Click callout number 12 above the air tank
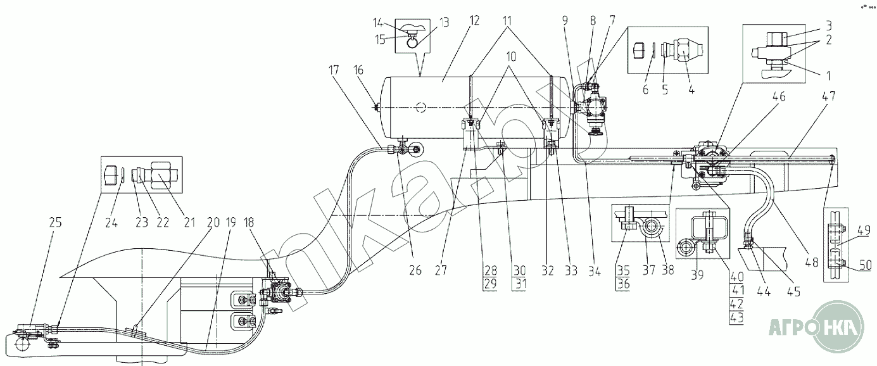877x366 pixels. [474, 20]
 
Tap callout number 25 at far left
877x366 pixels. [56, 222]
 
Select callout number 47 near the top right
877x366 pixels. [828, 96]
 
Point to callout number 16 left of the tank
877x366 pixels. [358, 70]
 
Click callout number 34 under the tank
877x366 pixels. [594, 270]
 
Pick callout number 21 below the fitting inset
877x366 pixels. [189, 222]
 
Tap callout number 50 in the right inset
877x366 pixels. [866, 265]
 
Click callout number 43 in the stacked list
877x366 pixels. [737, 317]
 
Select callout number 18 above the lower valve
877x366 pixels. [249, 222]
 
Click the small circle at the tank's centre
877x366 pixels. [421, 107]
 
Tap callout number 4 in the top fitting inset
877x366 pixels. [691, 90]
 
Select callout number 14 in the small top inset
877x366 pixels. [379, 23]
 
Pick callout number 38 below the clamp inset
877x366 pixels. [668, 270]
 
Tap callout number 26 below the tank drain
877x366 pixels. [415, 270]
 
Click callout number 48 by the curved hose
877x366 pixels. [812, 262]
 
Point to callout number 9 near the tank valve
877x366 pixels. [565, 20]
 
